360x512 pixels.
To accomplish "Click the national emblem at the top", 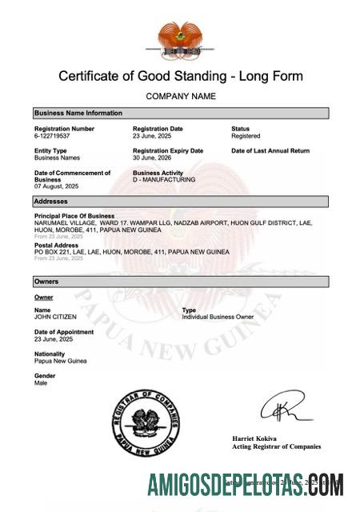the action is coord(180,39).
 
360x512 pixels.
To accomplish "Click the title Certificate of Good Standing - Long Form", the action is coord(180,77).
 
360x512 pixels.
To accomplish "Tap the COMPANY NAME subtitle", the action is coord(180,96).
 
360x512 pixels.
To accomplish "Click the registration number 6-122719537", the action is coord(53,136).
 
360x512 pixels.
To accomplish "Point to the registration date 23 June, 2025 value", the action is coord(152,136).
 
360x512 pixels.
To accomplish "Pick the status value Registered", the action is coord(246,136).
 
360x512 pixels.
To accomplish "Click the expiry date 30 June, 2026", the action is coord(152,158).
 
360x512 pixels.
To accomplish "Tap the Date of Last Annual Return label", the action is coord(270,150).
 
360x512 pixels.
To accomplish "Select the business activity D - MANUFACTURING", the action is coord(163,180).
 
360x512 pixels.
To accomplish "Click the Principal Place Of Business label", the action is coord(74,216).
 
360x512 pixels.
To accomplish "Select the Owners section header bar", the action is coord(180,282).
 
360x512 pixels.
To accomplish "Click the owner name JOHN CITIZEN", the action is coord(55,317).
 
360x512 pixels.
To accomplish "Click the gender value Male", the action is coord(41,382).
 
